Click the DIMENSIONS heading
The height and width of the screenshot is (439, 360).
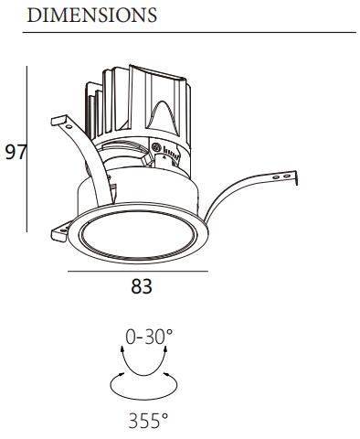pyautogui.click(x=92, y=16)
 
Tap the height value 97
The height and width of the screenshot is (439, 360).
pyautogui.click(x=16, y=152)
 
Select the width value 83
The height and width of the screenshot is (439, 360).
pyautogui.click(x=142, y=286)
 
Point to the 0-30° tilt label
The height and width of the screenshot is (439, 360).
pyautogui.click(x=149, y=337)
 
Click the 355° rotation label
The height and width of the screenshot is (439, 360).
pyautogui.click(x=148, y=421)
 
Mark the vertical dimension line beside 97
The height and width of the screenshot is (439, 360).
pyautogui.click(x=26, y=149)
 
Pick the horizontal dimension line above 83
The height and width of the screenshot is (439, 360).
pyautogui.click(x=138, y=271)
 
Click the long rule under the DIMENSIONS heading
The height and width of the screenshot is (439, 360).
pyautogui.click(x=189, y=32)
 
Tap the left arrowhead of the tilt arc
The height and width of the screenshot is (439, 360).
pyautogui.click(x=122, y=349)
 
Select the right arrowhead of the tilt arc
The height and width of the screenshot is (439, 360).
pyautogui.click(x=165, y=349)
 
